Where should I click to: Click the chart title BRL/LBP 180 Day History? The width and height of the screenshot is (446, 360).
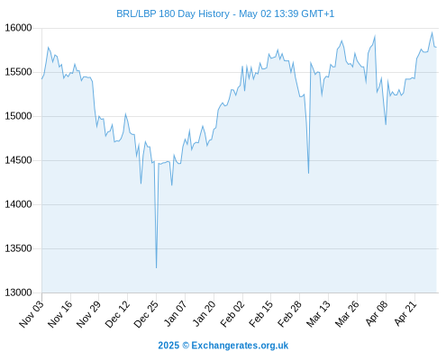tap(173, 13)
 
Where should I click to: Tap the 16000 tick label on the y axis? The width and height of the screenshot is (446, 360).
tap(18, 28)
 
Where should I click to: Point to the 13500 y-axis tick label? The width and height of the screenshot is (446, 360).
tap(18, 248)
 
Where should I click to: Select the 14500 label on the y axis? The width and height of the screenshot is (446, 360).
tap(18, 160)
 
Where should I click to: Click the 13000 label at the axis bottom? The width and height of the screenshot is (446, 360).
tap(18, 292)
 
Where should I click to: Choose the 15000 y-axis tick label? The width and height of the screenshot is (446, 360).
tap(18, 116)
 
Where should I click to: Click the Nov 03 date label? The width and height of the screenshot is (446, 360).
tap(32, 313)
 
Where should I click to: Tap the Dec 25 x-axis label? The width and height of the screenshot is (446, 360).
tap(146, 313)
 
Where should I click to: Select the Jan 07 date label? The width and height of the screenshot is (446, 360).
tap(175, 313)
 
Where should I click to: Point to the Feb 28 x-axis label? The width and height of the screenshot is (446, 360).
tap(289, 313)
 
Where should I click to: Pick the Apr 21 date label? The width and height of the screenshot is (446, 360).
tap(405, 313)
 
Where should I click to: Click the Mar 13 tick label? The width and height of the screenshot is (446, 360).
tap(318, 313)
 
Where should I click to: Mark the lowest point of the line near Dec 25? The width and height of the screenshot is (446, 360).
tap(156, 267)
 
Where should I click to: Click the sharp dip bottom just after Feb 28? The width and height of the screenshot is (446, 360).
tap(308, 173)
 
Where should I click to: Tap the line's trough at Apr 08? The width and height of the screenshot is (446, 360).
tap(386, 124)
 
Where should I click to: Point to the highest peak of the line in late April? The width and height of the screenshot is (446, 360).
tap(432, 32)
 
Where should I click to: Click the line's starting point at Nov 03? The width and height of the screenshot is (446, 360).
tap(42, 78)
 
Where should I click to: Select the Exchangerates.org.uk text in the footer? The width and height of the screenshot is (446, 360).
tap(240, 346)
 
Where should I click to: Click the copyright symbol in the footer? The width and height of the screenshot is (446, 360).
tap(186, 346)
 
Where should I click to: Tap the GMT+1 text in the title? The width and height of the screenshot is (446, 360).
tap(317, 13)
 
